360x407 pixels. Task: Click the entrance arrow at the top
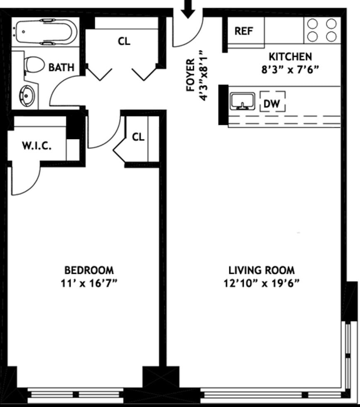188,9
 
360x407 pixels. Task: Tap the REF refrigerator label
244,32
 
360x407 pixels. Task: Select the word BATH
61,67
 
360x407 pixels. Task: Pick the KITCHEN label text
290,56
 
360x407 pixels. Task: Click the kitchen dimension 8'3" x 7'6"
290,69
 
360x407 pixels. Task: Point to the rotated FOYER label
191,75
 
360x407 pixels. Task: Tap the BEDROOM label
89,270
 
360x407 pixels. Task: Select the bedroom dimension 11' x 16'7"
89,283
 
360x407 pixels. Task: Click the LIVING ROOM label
262,270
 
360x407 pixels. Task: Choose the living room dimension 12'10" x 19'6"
262,283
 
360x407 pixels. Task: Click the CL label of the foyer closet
124,42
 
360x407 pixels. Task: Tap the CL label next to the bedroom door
138,137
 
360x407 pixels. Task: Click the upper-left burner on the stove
312,24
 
